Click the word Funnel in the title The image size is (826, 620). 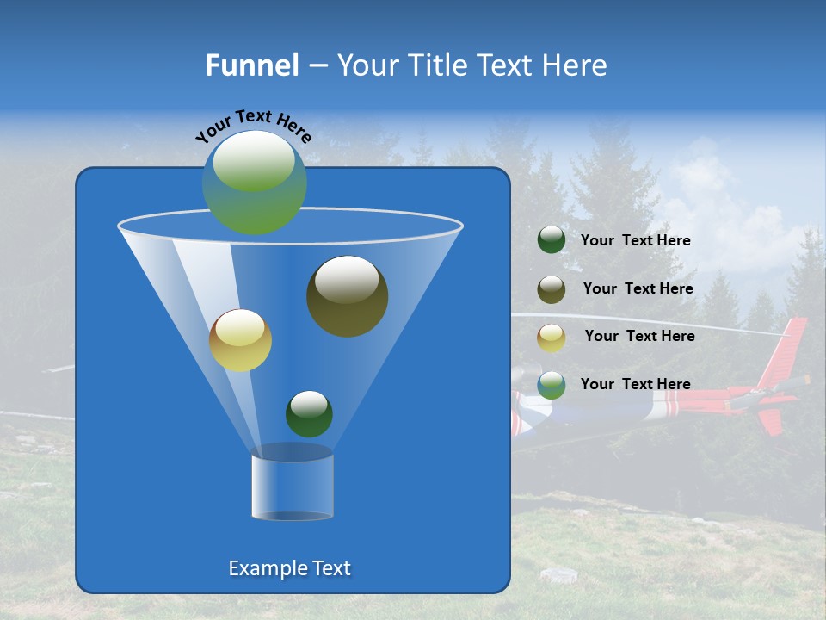(x=251, y=65)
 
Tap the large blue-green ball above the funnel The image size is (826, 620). (x=255, y=182)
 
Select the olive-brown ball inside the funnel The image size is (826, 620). (x=347, y=296)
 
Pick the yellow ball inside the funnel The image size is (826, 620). (x=240, y=340)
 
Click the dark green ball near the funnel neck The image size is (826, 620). (x=309, y=413)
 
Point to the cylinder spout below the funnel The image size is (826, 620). (x=292, y=484)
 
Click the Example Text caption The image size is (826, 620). (x=289, y=568)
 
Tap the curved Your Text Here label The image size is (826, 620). (x=253, y=126)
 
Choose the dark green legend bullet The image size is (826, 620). (x=552, y=240)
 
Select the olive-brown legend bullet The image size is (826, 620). (x=552, y=289)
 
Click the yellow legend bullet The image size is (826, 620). (x=552, y=338)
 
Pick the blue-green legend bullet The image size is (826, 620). (x=552, y=385)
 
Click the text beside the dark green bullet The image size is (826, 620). (x=635, y=241)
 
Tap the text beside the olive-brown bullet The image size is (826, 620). (x=638, y=289)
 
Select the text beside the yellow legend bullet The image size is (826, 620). (x=639, y=337)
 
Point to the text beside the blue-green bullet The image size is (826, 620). (x=635, y=385)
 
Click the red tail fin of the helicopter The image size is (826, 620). (x=786, y=349)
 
